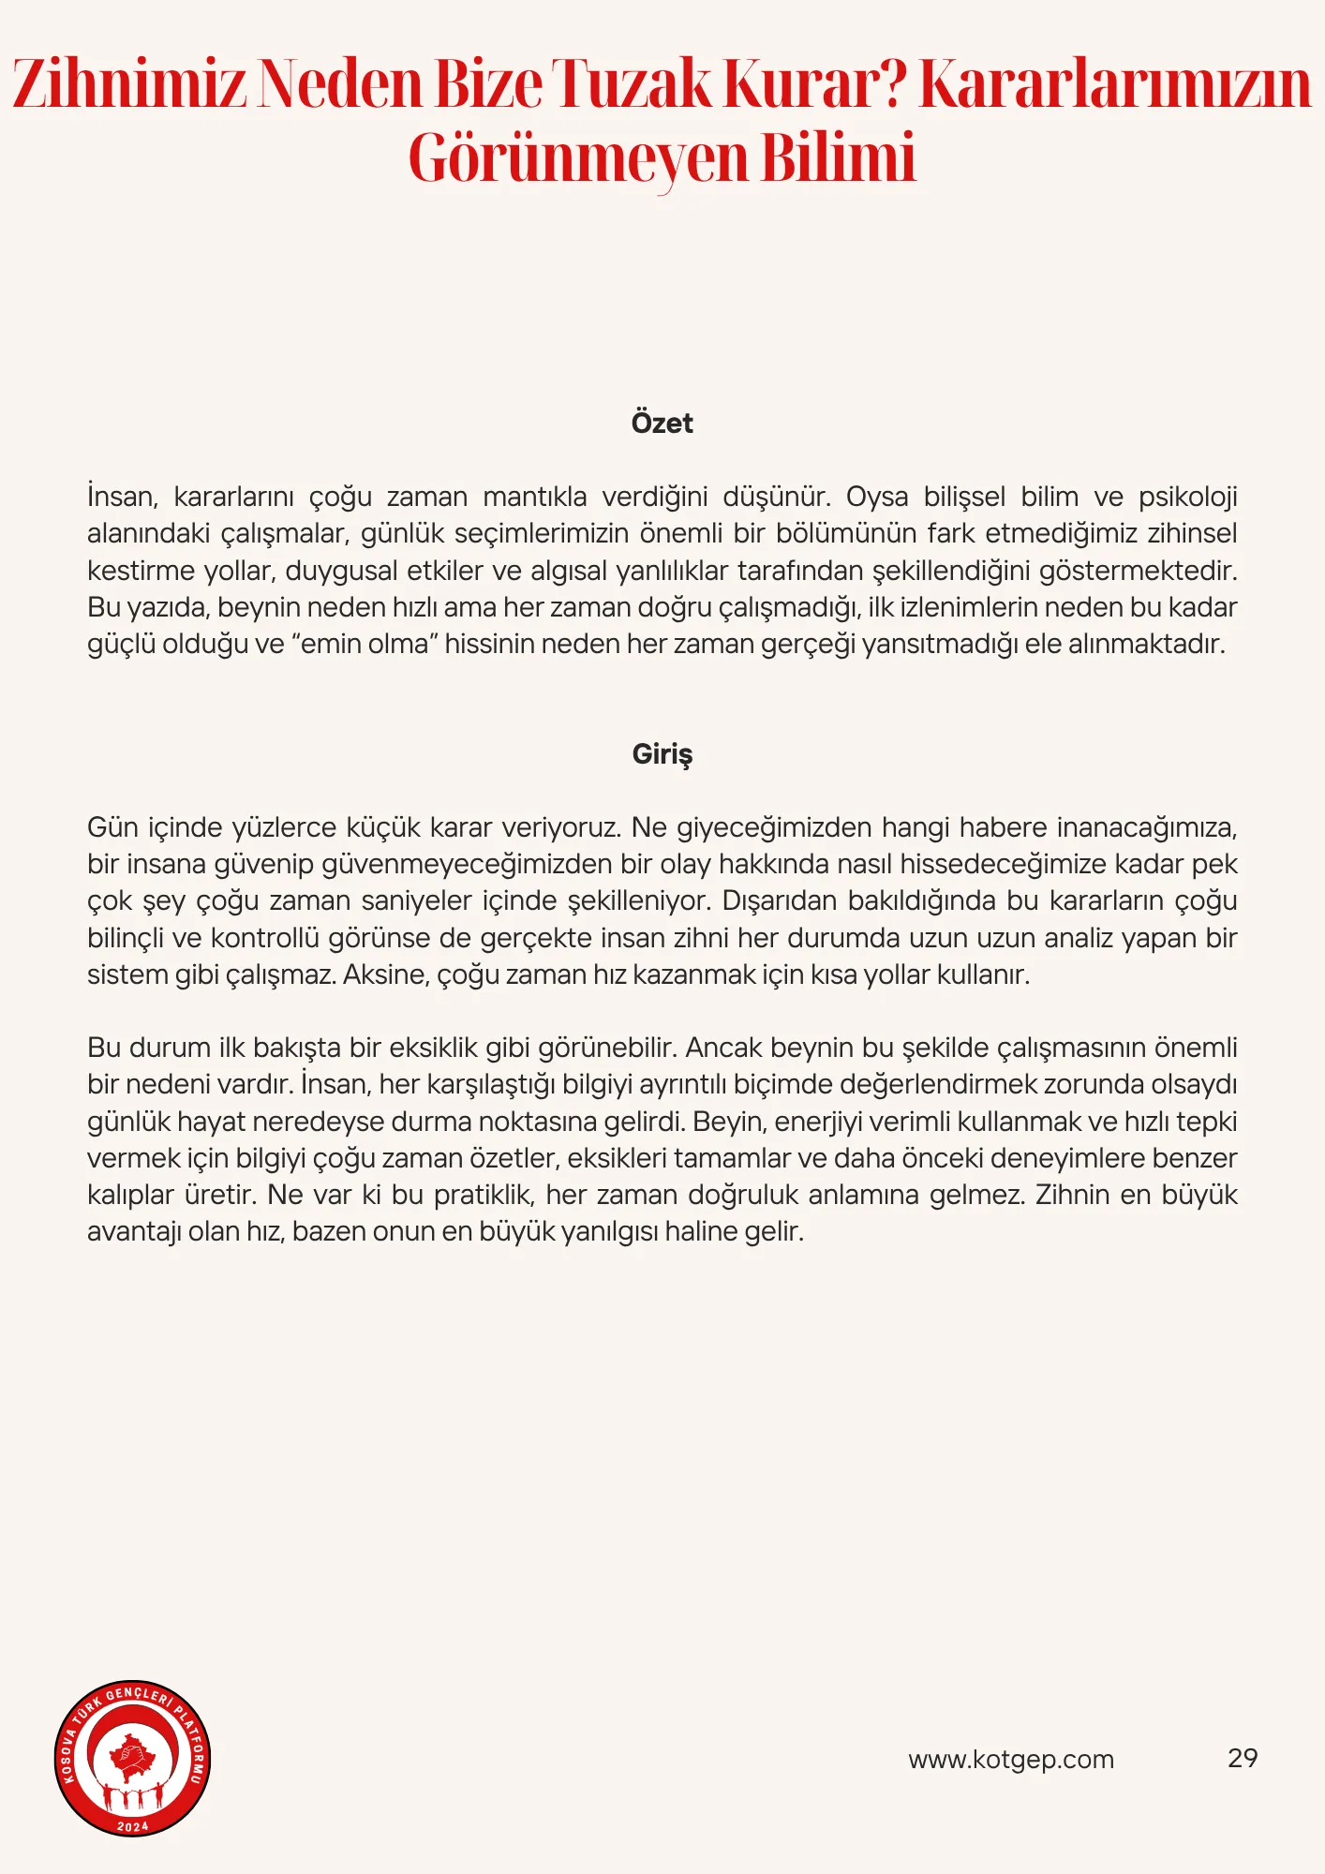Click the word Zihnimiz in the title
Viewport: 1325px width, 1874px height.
[129, 84]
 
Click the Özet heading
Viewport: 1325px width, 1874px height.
[662, 424]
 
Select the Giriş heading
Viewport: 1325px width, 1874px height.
[662, 754]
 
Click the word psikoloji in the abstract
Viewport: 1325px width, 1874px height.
[1187, 497]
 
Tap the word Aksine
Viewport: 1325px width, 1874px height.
[385, 975]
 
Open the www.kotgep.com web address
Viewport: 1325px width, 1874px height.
[1011, 1760]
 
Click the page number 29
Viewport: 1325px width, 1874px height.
[1243, 1759]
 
